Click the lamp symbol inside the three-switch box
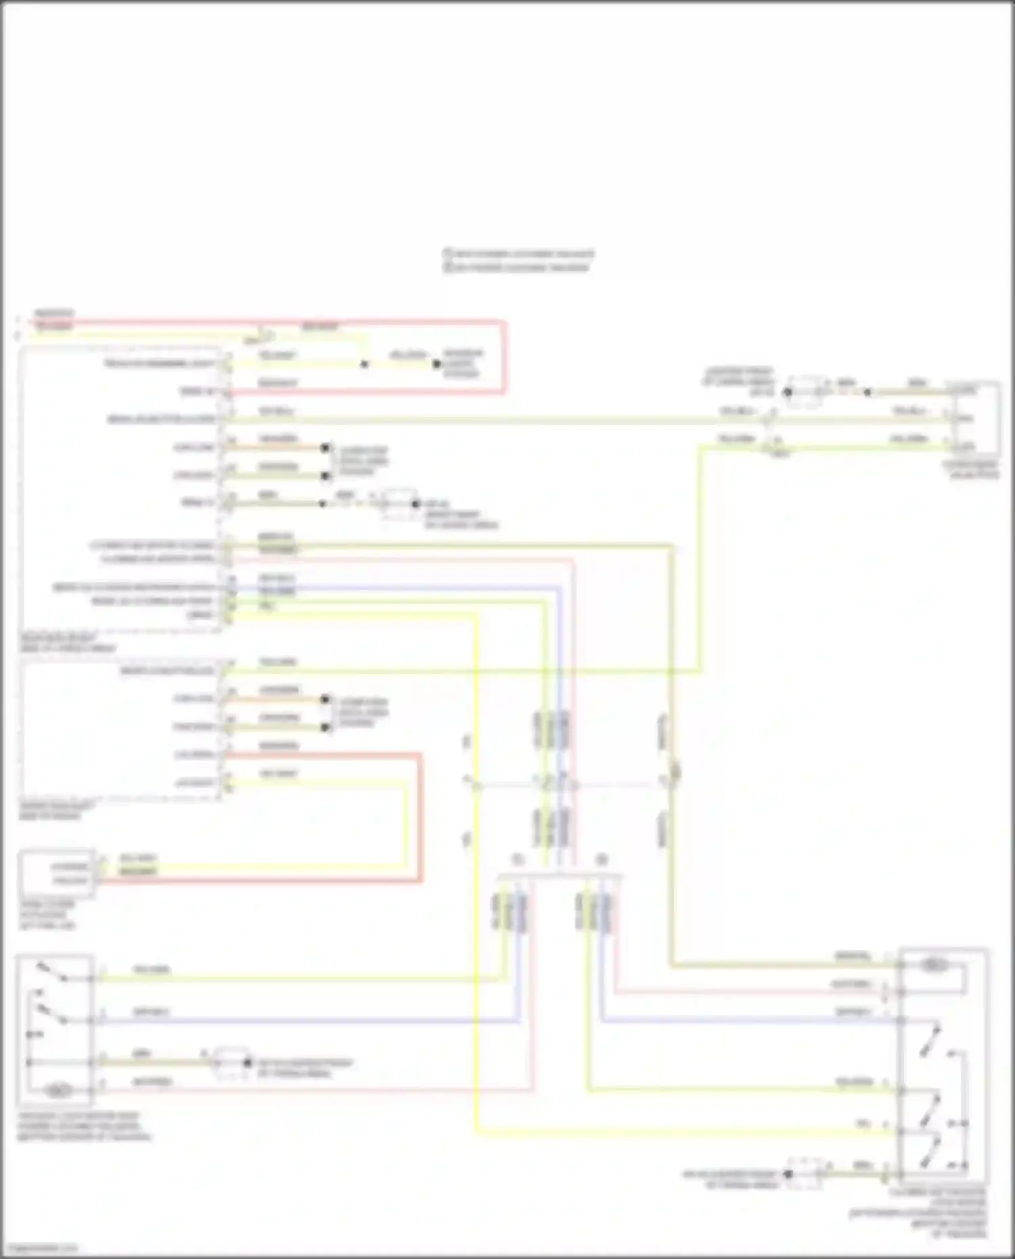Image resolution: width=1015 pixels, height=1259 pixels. coord(934,965)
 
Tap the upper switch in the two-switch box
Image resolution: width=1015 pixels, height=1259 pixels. coord(51,971)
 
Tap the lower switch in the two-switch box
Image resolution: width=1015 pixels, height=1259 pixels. coord(51,1012)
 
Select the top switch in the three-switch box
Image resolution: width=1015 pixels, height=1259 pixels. coord(930,1039)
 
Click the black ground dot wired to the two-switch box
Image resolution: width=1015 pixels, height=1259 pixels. coord(247,1063)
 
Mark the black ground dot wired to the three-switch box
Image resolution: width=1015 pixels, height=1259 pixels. coord(788,1174)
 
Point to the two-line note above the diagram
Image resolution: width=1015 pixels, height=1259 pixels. coord(518,260)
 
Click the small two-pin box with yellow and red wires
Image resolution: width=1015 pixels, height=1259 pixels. coord(57,873)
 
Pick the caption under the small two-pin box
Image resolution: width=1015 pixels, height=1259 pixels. coord(47,915)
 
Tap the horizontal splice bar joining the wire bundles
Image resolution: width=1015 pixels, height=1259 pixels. coord(560,876)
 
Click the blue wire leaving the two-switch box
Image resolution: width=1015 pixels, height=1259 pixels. coord(304,1020)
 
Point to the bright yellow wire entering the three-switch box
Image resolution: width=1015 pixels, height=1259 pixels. coord(677,1131)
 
